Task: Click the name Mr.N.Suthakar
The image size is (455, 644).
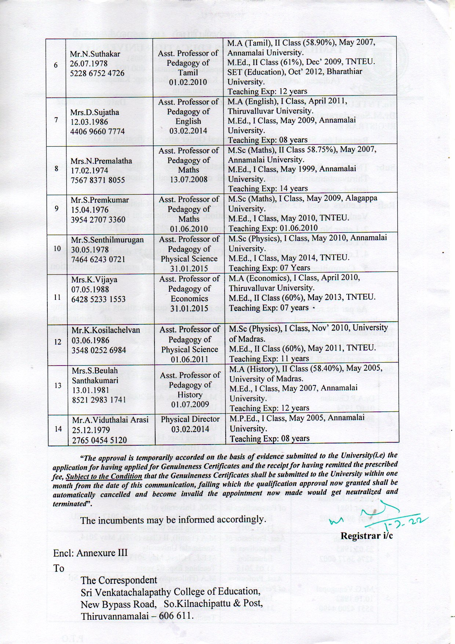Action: pyautogui.click(x=95, y=54)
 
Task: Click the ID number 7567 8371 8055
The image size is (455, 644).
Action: pyautogui.click(x=98, y=180)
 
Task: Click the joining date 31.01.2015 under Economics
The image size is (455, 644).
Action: pyautogui.click(x=189, y=309)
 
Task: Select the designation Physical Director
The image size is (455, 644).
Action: pyautogui.click(x=190, y=419)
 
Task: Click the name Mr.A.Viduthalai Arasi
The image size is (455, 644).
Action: pyautogui.click(x=110, y=420)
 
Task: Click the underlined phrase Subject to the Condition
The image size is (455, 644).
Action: pyautogui.click(x=104, y=476)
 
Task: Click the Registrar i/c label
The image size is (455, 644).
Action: pyautogui.click(x=367, y=536)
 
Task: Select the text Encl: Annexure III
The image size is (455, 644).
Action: pyautogui.click(x=90, y=553)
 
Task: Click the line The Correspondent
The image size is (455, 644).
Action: pyautogui.click(x=119, y=580)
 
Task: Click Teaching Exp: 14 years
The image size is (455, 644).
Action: pyautogui.click(x=268, y=188)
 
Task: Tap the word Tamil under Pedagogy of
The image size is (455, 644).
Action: pyautogui.click(x=188, y=72)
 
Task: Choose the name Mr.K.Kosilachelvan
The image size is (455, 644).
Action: pyautogui.click(x=106, y=330)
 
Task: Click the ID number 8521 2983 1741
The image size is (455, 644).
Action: pyautogui.click(x=99, y=400)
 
